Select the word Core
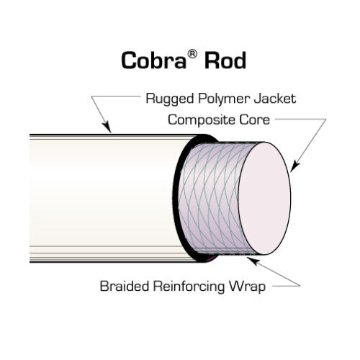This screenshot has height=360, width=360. click(x=255, y=120)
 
